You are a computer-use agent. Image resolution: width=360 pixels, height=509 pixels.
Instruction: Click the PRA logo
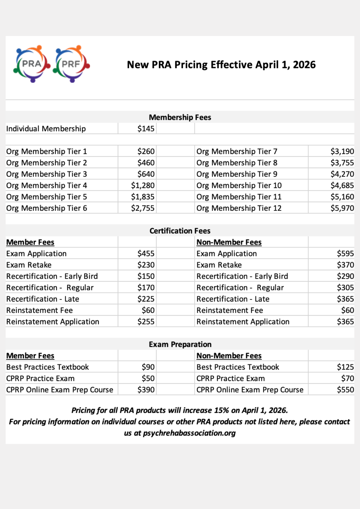click(32, 64)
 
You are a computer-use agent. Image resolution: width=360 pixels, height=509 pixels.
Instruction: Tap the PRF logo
click(71, 64)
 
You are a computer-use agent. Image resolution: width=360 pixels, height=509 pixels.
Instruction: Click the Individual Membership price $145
click(146, 129)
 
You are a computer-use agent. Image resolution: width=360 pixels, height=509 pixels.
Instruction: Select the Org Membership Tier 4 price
click(143, 185)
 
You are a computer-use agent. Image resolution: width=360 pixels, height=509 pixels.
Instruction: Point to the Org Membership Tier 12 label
click(239, 208)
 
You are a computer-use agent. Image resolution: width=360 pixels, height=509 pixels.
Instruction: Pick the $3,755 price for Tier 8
click(342, 163)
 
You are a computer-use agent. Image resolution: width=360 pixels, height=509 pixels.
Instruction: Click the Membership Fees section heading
click(180, 117)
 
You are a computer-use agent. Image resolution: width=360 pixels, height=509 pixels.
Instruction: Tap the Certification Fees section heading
click(180, 231)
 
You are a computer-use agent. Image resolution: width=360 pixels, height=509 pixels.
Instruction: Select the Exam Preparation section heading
click(180, 344)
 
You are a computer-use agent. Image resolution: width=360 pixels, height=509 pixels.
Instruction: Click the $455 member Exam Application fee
click(146, 254)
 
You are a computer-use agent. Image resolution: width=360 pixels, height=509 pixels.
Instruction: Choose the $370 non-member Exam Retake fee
click(345, 265)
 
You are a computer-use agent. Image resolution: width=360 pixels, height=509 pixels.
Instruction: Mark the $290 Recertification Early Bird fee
click(345, 276)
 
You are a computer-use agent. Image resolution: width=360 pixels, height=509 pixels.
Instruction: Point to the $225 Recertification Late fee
click(146, 299)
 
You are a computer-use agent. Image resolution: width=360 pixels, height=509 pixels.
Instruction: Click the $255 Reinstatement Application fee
click(146, 322)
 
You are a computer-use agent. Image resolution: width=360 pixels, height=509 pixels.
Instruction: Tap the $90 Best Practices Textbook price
click(148, 367)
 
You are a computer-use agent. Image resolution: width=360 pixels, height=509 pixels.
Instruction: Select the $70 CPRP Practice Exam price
click(347, 378)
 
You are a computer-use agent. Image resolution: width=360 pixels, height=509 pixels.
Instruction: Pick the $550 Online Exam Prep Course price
click(345, 390)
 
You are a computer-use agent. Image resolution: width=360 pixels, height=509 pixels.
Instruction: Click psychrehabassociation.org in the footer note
click(189, 433)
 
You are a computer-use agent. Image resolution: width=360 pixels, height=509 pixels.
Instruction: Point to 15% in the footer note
click(222, 410)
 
